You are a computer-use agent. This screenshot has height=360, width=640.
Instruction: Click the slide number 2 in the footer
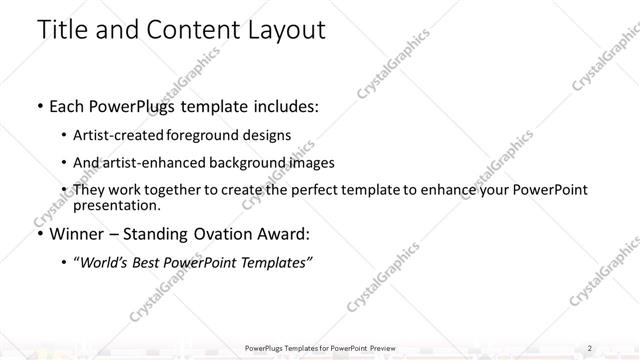point(591,347)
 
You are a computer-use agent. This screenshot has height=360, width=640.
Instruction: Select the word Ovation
point(226,235)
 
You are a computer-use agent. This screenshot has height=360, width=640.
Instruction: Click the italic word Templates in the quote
point(279,263)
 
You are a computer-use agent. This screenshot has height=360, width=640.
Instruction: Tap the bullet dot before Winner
point(39,236)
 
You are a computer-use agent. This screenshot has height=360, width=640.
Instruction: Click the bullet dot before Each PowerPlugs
point(39,105)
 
